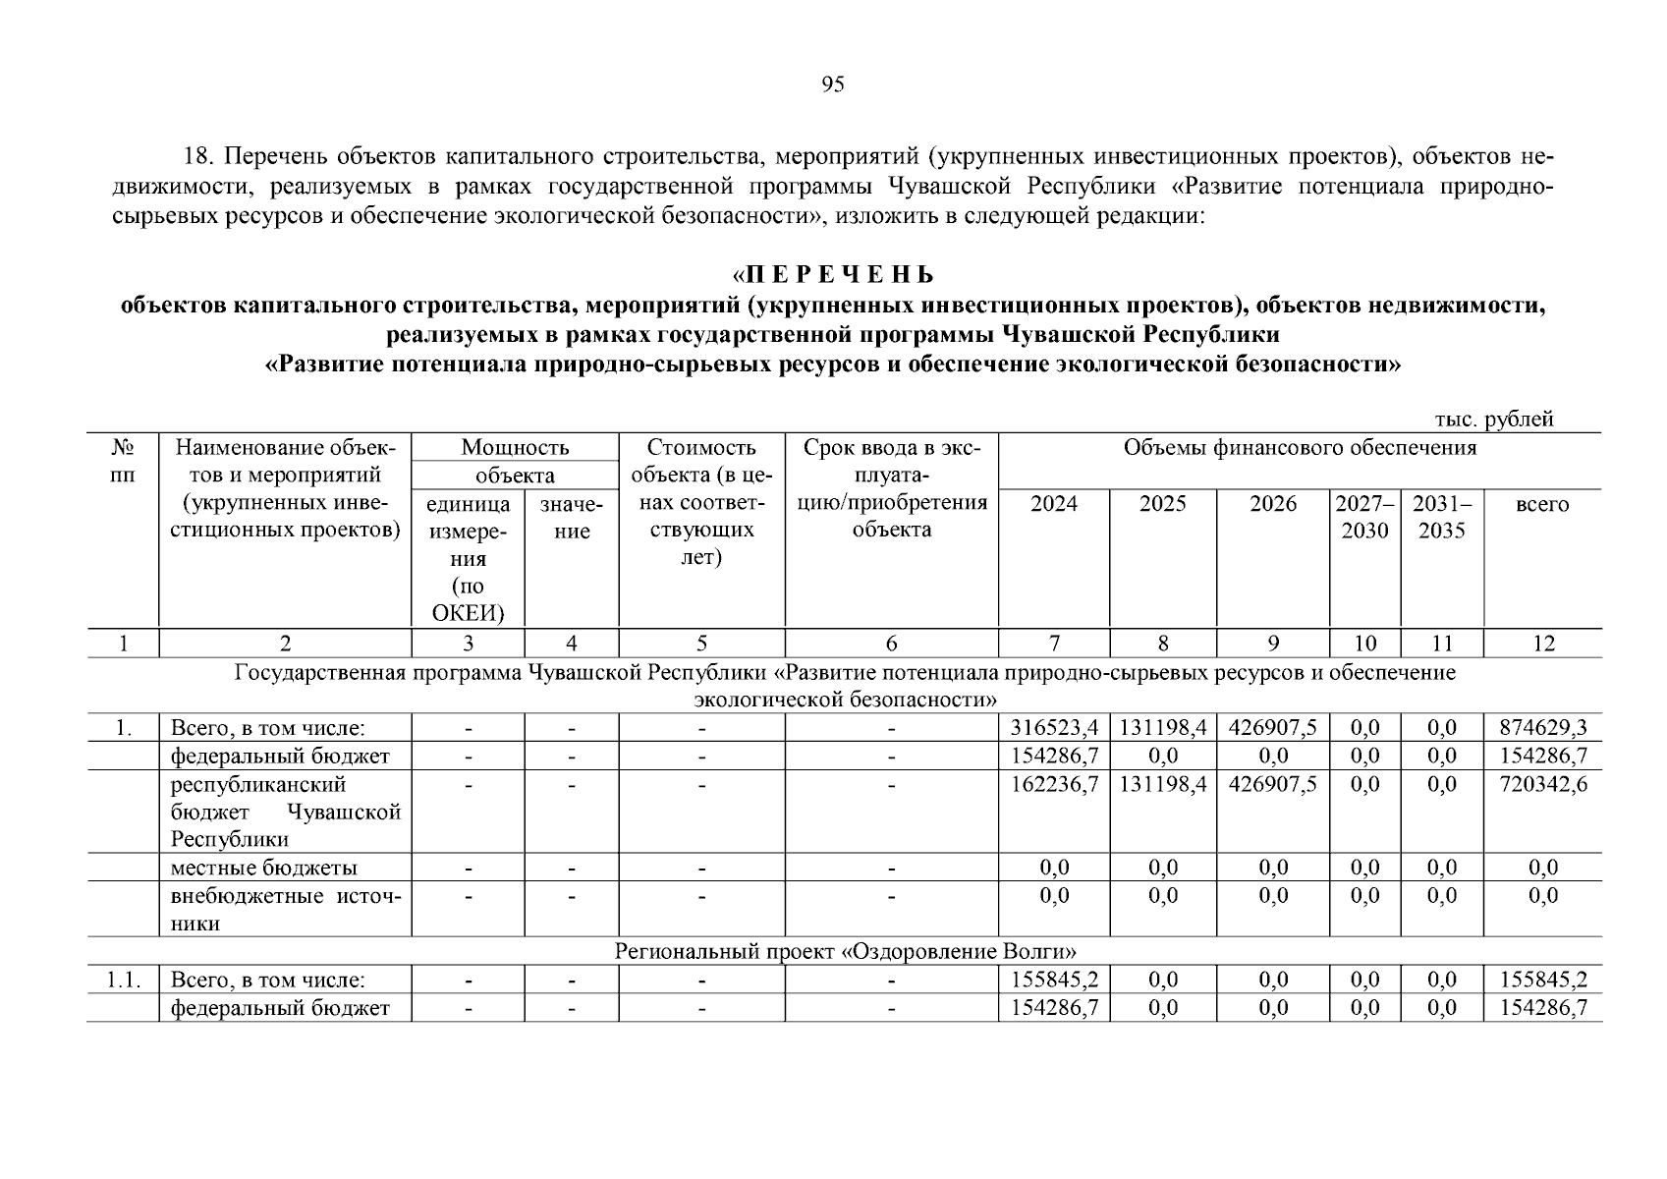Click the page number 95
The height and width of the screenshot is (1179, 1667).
pos(832,84)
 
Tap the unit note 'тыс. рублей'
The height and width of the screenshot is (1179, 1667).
pos(1494,420)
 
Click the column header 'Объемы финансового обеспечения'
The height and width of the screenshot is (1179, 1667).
pos(1300,449)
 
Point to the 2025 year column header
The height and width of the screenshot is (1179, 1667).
pos(1162,505)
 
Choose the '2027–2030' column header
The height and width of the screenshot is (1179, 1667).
pos(1364,518)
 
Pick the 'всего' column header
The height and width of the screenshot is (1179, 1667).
pos(1542,505)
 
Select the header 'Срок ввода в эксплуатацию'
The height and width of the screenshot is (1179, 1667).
pos(891,489)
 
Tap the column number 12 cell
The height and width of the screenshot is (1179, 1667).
pos(1543,644)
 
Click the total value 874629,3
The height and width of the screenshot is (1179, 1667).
pos(1543,728)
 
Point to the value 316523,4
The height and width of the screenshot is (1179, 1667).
pos(1054,728)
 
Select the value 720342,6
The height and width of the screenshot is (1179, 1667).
pos(1543,784)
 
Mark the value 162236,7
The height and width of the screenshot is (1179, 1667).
pos(1054,784)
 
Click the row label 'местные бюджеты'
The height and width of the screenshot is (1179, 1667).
pos(264,868)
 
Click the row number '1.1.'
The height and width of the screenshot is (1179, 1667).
pos(124,980)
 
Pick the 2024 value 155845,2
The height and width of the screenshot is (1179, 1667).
pos(1054,980)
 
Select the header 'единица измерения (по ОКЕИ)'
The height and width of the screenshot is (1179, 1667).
pos(468,559)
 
